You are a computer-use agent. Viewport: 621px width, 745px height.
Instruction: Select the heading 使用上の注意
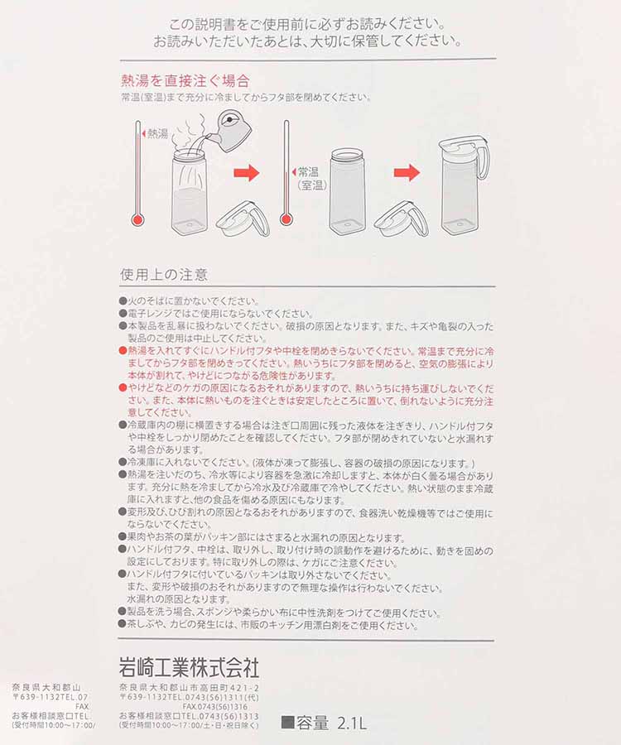coord(164,274)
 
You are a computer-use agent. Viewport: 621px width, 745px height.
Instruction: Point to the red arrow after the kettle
coord(247,173)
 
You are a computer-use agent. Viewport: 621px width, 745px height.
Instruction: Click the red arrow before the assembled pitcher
coord(407,173)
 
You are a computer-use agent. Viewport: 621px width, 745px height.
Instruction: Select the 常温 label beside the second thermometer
coord(309,172)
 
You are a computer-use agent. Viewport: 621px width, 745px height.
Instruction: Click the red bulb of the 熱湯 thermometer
coord(137,220)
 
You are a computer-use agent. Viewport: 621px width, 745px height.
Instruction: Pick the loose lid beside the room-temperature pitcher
coord(401,218)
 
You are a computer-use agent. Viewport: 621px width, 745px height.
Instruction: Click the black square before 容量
coord(287,723)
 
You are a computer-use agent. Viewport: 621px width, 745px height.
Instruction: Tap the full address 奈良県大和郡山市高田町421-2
coord(189,688)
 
